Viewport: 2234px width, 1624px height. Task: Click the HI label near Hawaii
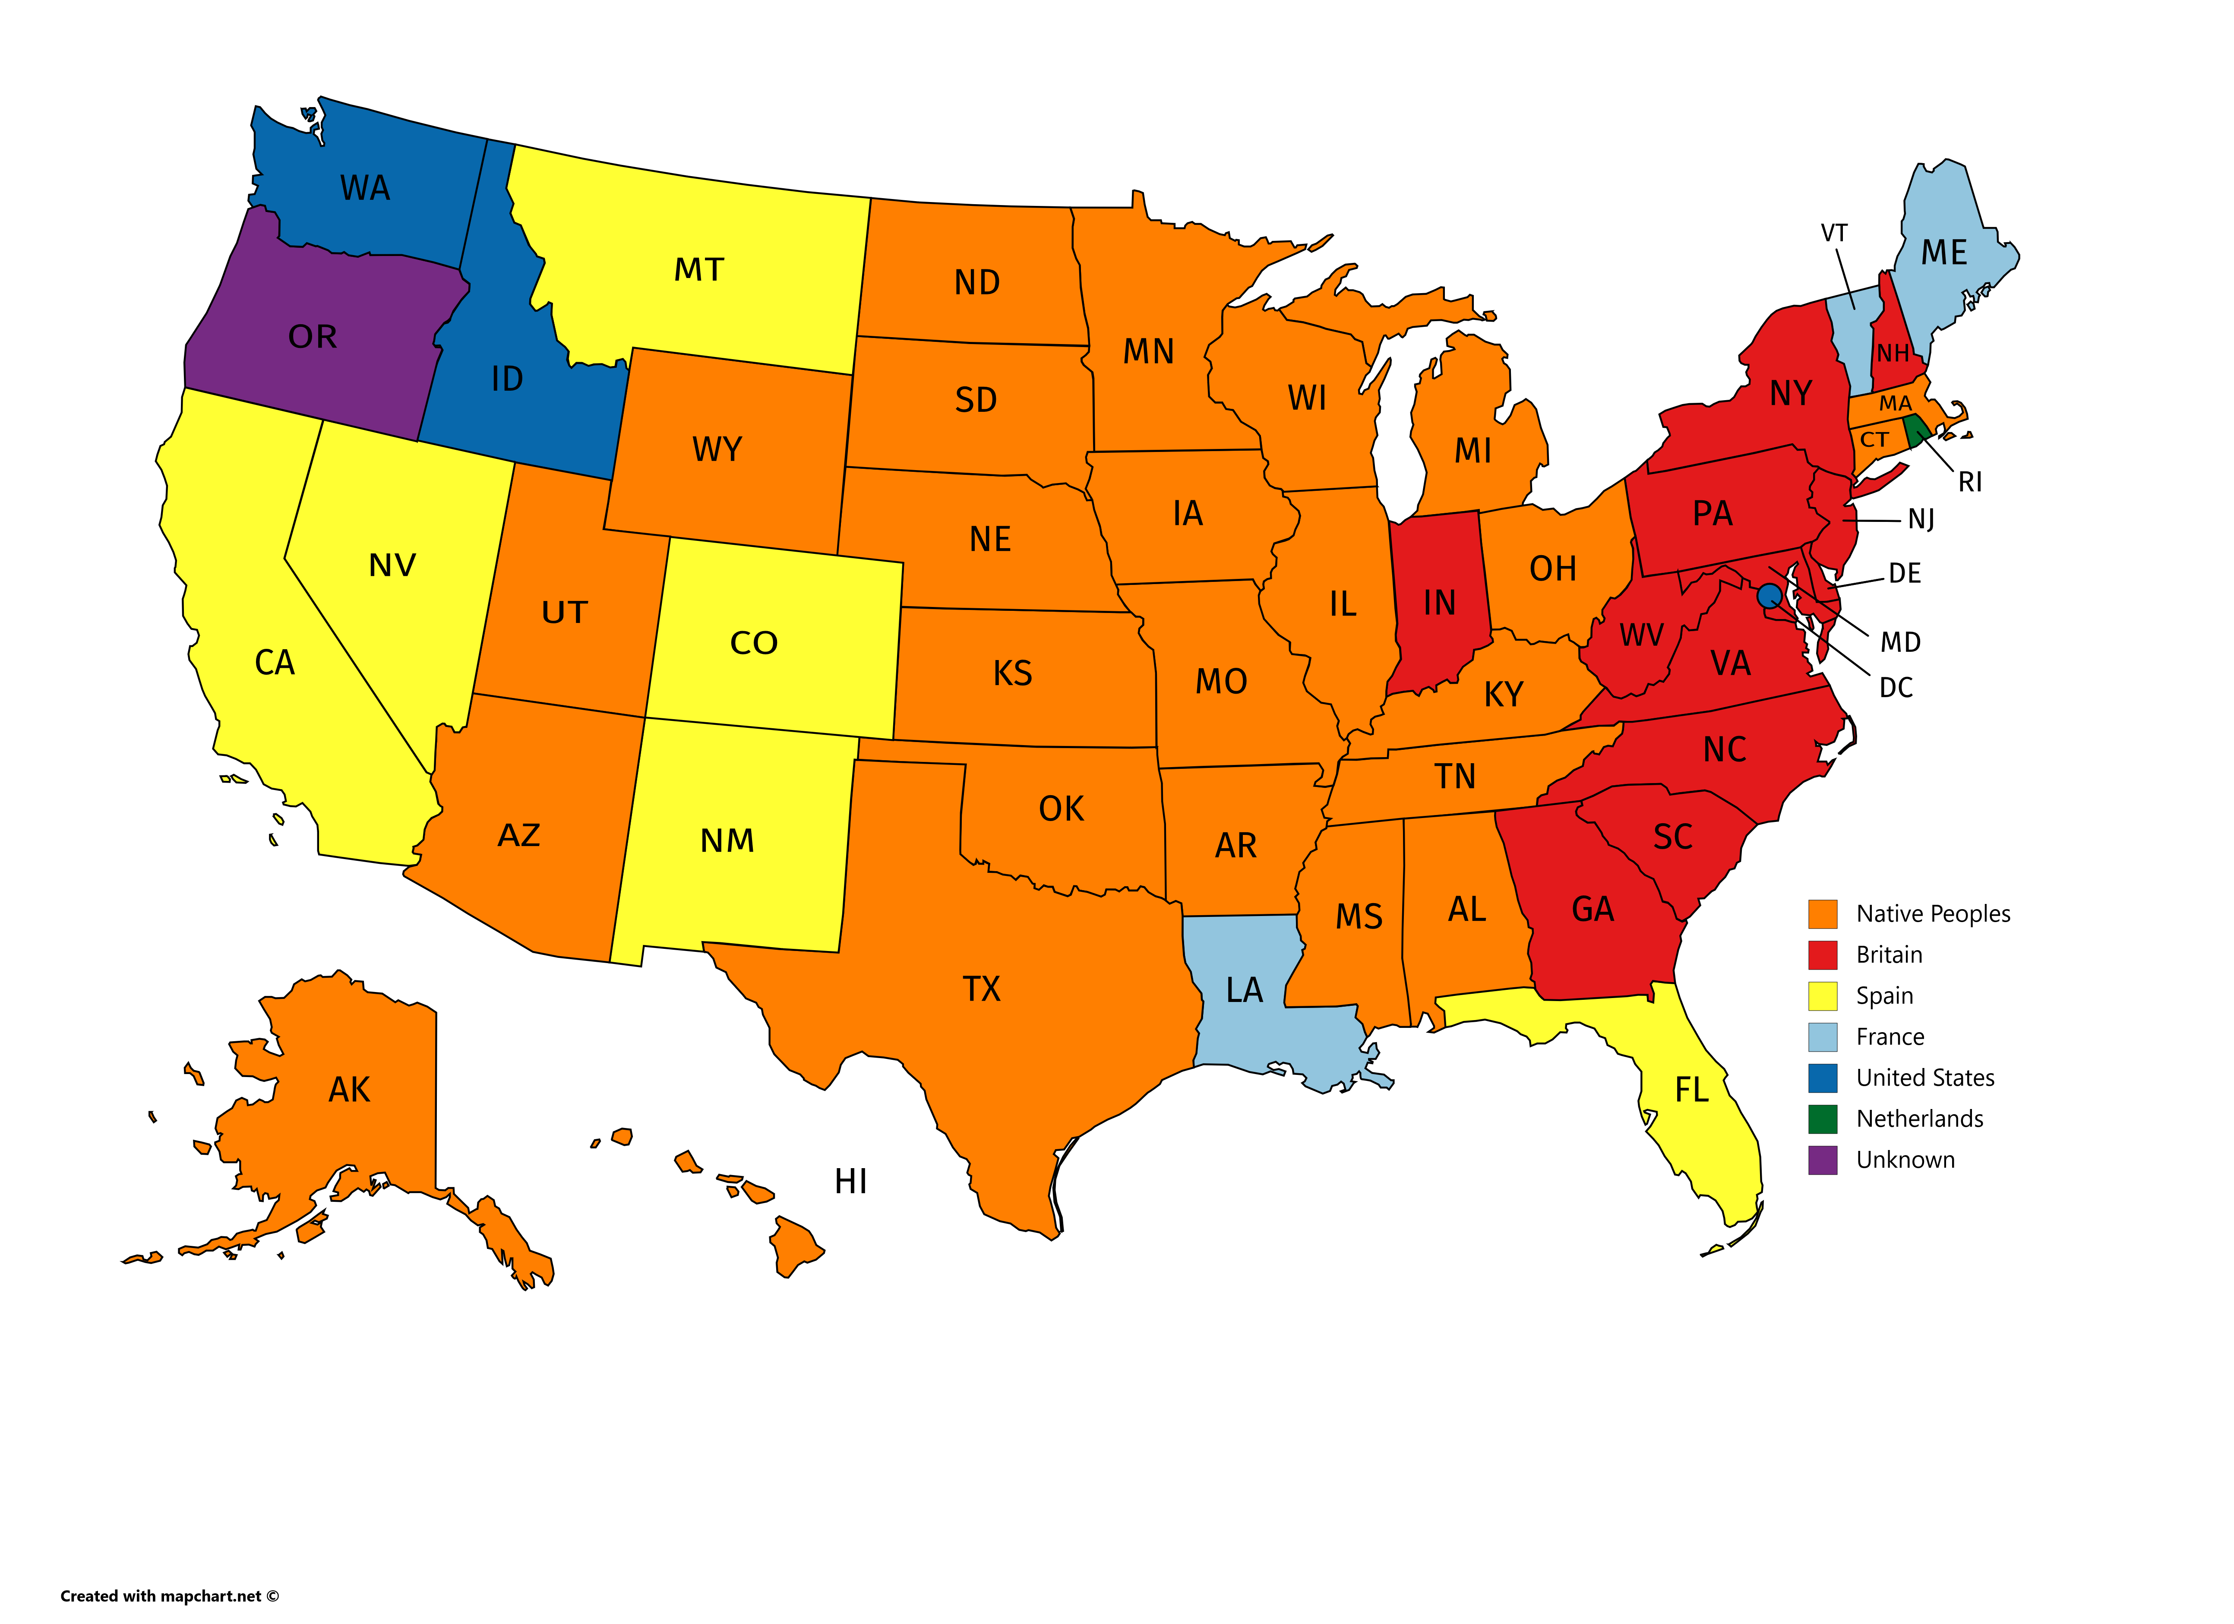[851, 1181]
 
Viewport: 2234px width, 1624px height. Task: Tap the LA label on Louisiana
[1244, 990]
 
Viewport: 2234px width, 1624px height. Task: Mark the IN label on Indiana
[1439, 603]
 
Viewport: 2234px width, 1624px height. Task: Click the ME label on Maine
[1943, 253]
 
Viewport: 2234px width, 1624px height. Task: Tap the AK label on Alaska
[350, 1089]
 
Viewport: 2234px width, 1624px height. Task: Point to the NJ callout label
[1921, 519]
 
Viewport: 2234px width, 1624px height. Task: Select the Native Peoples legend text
[1933, 914]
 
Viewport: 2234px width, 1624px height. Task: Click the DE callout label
[1904, 573]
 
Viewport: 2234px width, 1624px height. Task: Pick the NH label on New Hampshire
[1892, 353]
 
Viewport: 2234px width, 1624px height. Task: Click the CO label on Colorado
[754, 643]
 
